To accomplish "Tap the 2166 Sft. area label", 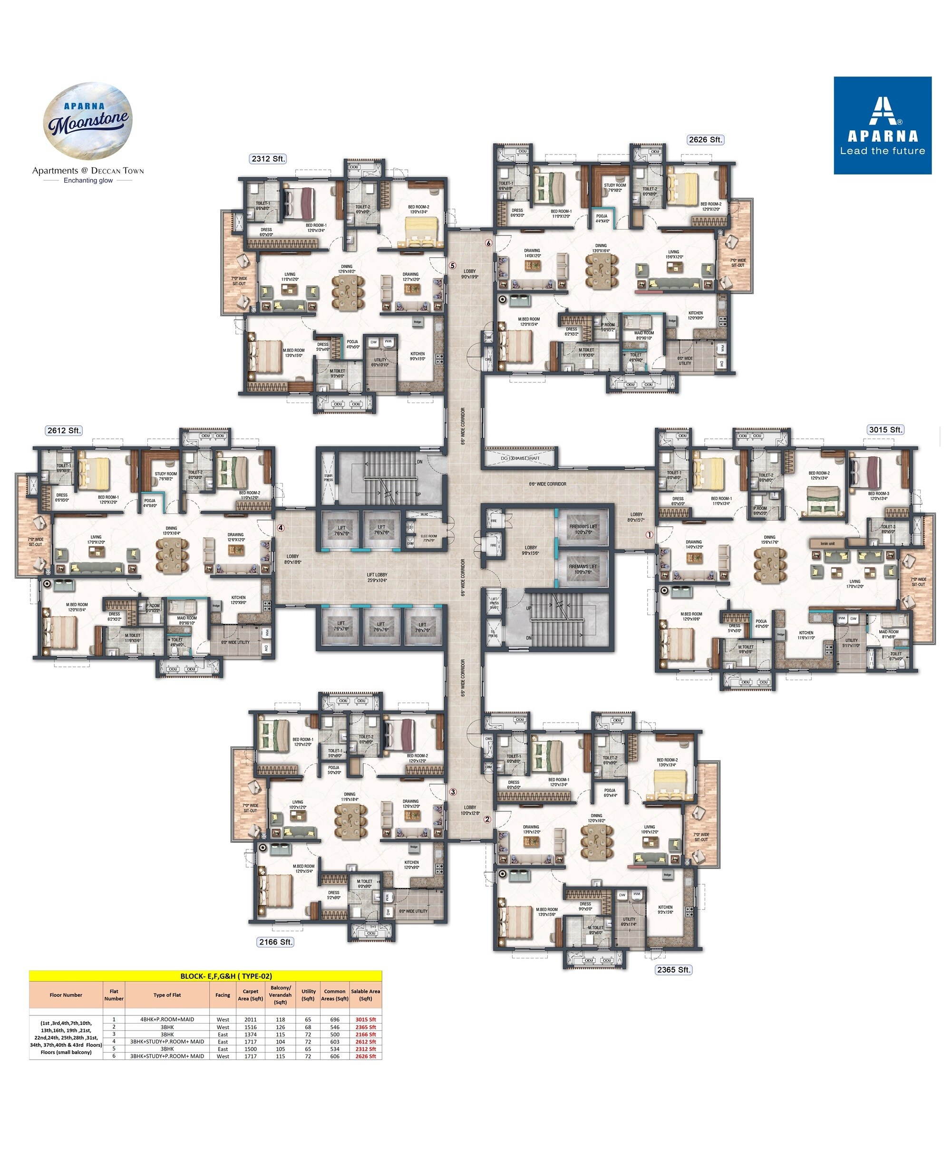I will (x=276, y=942).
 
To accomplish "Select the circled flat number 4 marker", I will (x=280, y=528).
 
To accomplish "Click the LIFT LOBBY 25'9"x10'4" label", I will (x=377, y=577).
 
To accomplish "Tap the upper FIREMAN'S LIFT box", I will (x=582, y=529).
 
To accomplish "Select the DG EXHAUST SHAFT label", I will (x=520, y=458).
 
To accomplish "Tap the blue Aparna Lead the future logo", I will (x=882, y=126).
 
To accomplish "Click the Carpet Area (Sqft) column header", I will (x=250, y=995).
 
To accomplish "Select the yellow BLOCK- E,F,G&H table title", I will (x=226, y=975).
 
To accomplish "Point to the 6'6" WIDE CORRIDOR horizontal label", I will (x=547, y=483).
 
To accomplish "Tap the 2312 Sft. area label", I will (x=268, y=159).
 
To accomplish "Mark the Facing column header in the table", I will (x=222, y=995).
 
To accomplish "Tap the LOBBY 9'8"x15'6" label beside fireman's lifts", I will (x=530, y=550).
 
